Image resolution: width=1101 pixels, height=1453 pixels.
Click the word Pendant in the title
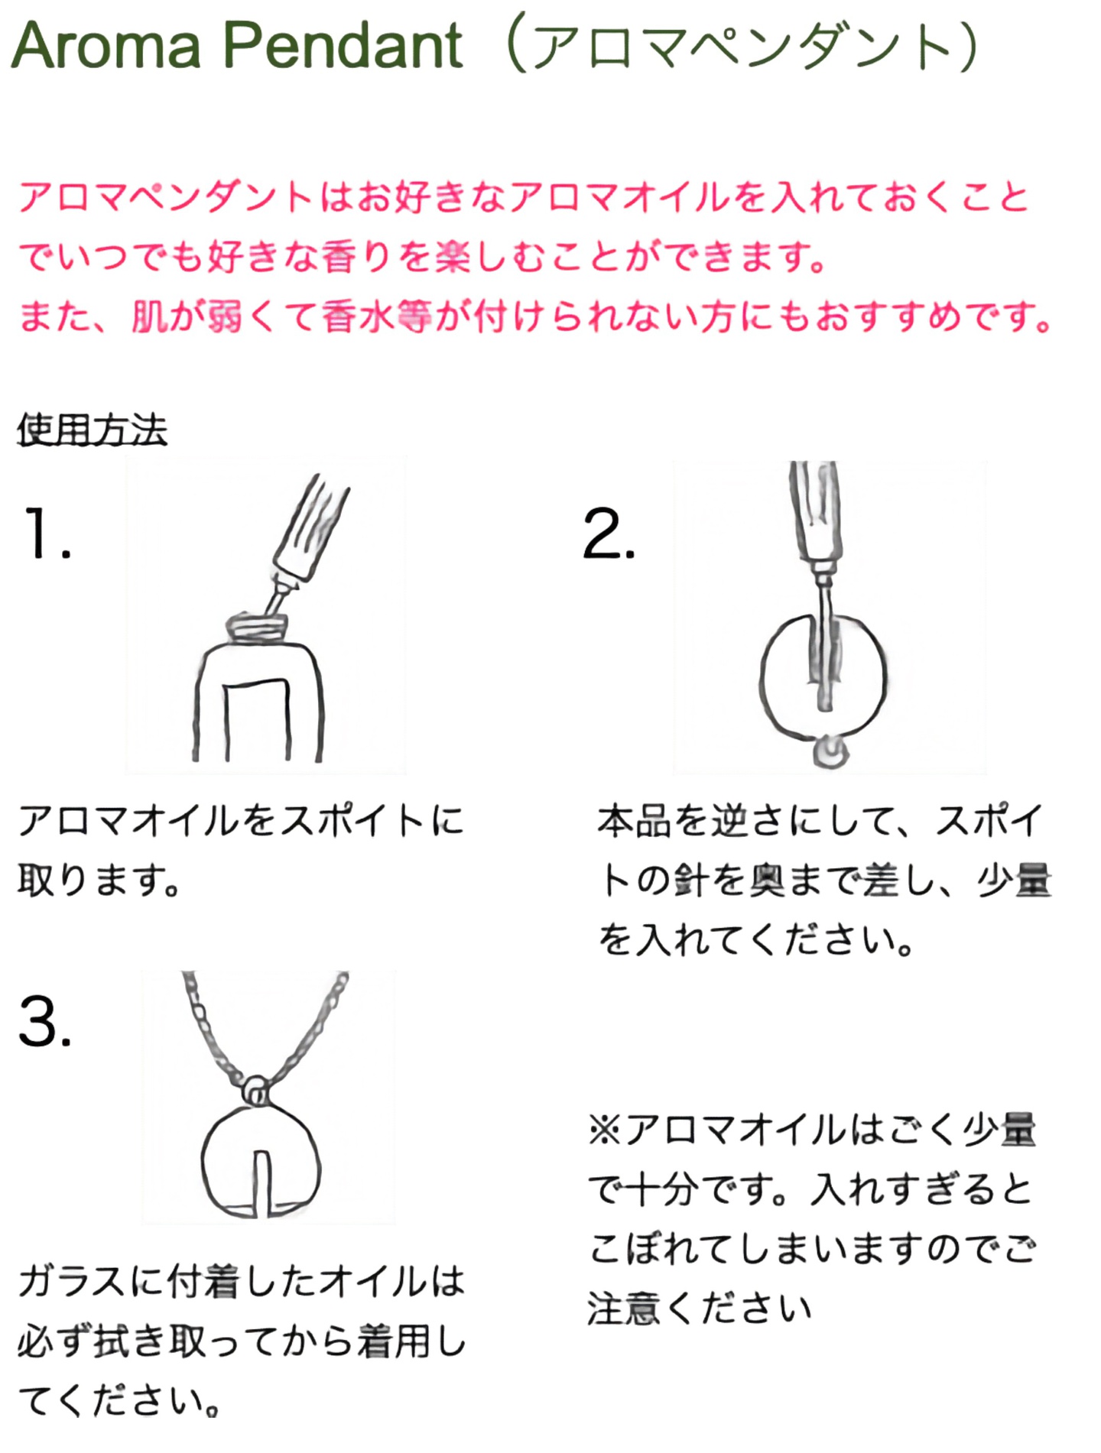tap(343, 46)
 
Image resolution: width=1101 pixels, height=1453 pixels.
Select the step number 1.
tap(47, 533)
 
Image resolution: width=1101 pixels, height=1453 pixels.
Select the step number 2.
tap(609, 534)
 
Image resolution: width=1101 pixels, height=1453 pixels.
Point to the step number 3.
tap(45, 1021)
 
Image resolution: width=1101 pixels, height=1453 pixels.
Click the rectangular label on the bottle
tap(258, 718)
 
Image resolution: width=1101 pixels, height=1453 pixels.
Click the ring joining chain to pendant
tap(255, 1088)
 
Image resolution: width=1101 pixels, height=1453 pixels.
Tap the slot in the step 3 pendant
tap(261, 1182)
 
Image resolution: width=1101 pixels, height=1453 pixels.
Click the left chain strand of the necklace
tap(214, 1024)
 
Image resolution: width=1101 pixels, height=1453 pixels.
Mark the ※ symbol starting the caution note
tap(606, 1129)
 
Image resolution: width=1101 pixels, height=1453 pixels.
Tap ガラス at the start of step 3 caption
tap(73, 1280)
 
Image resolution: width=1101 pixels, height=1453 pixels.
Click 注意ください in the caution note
tap(699, 1308)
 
